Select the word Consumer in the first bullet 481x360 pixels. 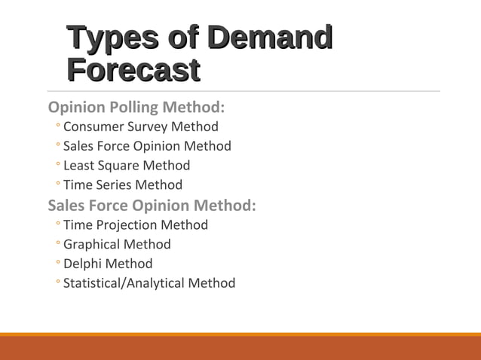(93, 127)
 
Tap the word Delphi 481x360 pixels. (82, 264)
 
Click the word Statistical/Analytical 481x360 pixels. (124, 284)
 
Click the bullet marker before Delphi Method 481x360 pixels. (57, 264)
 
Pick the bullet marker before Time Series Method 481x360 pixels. (57, 185)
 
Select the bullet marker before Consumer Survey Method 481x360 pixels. (57, 127)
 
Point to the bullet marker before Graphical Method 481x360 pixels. (57, 245)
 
